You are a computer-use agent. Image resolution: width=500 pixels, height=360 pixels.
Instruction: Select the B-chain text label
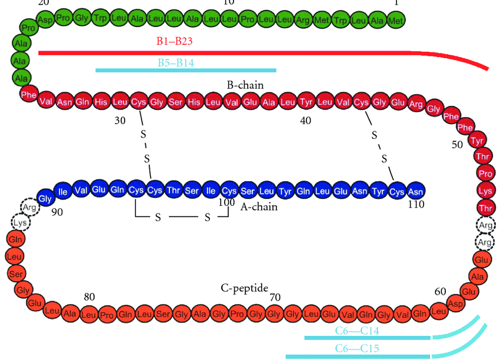(x=245, y=85)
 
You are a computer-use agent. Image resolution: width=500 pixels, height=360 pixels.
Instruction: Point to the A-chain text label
(x=259, y=206)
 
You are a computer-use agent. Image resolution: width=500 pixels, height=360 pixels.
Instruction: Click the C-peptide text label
(x=244, y=288)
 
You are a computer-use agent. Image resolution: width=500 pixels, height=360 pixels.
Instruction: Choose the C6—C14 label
(x=357, y=331)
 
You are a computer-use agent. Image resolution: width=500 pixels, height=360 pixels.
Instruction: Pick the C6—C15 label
(x=357, y=348)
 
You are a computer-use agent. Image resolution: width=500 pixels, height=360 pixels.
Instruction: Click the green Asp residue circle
(x=45, y=19)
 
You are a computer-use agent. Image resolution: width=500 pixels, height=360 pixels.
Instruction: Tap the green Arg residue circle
(x=303, y=19)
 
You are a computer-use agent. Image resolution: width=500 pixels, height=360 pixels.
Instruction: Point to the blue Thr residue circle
(x=173, y=191)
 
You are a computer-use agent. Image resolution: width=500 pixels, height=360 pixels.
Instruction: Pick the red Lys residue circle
(x=485, y=191)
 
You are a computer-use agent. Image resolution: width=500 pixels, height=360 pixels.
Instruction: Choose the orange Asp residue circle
(x=455, y=302)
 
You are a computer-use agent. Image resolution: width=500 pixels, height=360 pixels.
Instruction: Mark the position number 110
(x=415, y=204)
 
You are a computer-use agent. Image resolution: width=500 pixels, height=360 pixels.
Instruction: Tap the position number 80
(x=89, y=297)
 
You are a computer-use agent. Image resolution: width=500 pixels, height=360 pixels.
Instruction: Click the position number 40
(x=305, y=121)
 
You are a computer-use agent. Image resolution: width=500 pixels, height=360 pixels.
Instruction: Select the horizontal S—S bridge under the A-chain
(x=182, y=218)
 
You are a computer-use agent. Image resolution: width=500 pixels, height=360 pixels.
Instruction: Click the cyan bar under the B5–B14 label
(x=185, y=70)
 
